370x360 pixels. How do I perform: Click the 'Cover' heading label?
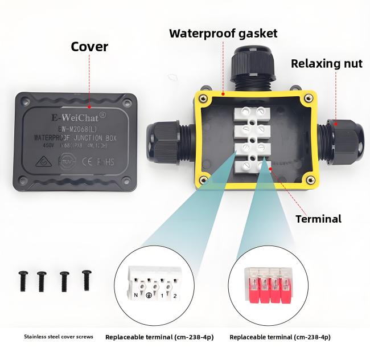(89, 46)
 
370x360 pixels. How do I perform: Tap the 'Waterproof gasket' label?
(223, 33)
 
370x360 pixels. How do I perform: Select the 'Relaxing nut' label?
(326, 63)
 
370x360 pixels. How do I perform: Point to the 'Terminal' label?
(319, 219)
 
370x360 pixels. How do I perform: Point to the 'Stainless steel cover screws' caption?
(59, 337)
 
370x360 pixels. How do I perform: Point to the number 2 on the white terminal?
(175, 296)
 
